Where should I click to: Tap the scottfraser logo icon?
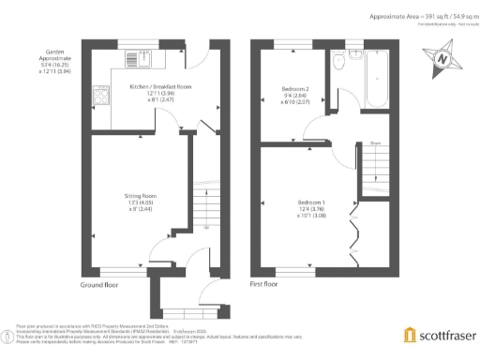pyautogui.click(x=409, y=335)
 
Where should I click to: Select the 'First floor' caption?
pyautogui.click(x=263, y=283)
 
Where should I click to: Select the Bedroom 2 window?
pyautogui.click(x=291, y=44)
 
